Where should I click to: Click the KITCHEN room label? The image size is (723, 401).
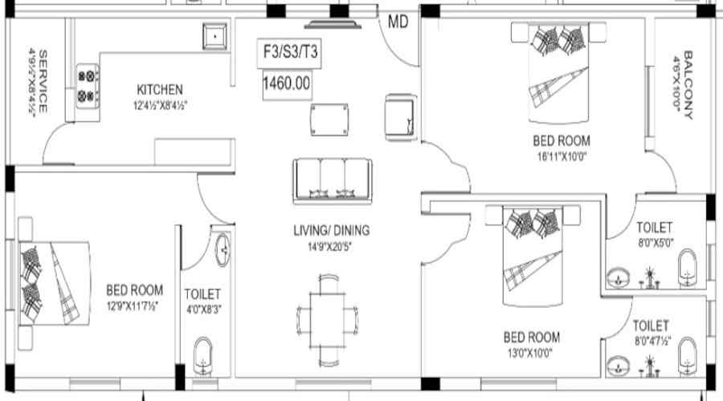coord(160,89)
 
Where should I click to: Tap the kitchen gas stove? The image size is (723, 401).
coord(87,86)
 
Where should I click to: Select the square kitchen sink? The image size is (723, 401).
coord(214,36)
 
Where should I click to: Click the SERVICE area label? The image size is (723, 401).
coord(43,82)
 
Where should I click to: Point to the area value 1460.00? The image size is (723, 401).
coord(287,83)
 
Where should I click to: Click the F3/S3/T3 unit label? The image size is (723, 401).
coord(290,51)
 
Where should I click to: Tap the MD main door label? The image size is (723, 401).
coord(398,21)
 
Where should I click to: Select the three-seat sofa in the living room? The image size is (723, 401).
coord(332,181)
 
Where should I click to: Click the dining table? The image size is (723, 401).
coord(328,321)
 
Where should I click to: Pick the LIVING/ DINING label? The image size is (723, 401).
coord(332,230)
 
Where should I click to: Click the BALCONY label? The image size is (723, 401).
coord(688,85)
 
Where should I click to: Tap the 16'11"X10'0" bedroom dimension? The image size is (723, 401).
coord(562,156)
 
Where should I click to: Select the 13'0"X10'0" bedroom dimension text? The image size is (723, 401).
coord(530,353)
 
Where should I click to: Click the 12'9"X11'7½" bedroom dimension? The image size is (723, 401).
coord(133,306)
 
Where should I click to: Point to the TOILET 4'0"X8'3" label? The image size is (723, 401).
coord(203,301)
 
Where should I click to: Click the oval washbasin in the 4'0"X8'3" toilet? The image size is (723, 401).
coord(223,249)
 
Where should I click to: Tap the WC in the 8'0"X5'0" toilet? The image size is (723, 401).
coord(687,268)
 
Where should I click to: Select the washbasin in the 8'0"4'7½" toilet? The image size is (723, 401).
coord(618,367)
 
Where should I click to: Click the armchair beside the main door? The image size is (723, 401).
coord(401,117)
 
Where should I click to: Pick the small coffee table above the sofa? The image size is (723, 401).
coord(329,119)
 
